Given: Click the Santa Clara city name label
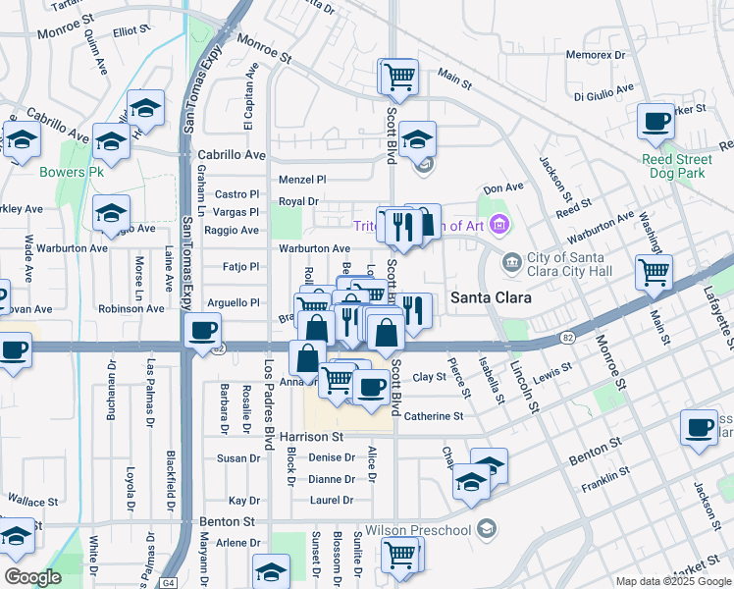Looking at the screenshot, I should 491,297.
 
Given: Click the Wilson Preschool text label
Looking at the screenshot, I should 419,530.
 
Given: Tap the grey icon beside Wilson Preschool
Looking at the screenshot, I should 485,530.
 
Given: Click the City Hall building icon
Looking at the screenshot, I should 510,262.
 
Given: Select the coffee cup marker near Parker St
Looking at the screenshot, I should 655,122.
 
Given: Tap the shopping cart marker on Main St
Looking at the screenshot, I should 654,270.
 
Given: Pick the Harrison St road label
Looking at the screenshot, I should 311,436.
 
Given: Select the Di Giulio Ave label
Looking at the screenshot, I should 606,96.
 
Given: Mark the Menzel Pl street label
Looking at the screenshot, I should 301,180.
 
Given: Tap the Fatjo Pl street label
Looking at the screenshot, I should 240,266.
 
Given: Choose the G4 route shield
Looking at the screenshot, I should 170,582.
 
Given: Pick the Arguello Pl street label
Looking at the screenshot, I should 232,302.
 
